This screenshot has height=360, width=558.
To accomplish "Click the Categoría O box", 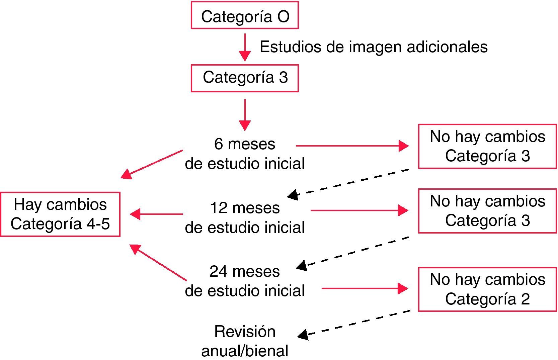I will pyautogui.click(x=244, y=15).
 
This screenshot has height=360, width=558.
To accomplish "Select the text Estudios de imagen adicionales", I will pyautogui.click(x=373, y=47).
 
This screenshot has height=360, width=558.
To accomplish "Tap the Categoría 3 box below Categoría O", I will pyautogui.click(x=244, y=78).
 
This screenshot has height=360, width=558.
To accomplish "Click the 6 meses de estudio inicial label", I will pyautogui.click(x=245, y=154).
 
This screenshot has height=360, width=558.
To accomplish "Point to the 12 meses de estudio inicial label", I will pyautogui.click(x=245, y=218).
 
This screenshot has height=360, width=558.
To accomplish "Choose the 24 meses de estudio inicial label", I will pyautogui.click(x=245, y=281).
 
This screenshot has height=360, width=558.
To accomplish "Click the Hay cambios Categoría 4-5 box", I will pyautogui.click(x=60, y=214).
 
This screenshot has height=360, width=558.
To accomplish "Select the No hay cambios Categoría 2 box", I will pyautogui.click(x=487, y=289).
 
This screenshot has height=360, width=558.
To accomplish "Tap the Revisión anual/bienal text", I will pyautogui.click(x=245, y=341).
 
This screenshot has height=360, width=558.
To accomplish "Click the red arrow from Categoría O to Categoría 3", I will pyautogui.click(x=245, y=47).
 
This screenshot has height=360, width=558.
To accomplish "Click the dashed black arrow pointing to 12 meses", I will pyautogui.click(x=348, y=183).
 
